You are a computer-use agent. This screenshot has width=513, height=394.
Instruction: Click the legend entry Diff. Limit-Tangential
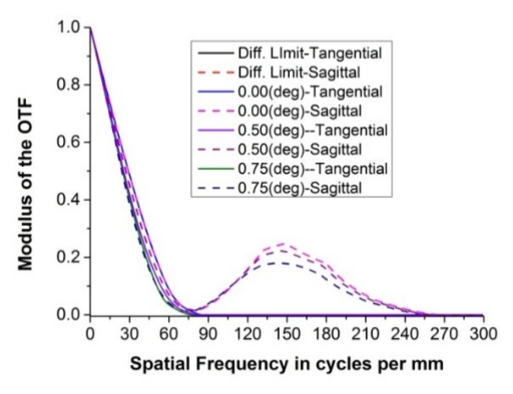[x=310, y=54]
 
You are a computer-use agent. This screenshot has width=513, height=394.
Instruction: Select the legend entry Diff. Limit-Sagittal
[x=299, y=73]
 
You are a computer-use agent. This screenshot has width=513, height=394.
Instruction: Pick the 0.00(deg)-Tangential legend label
[x=310, y=92]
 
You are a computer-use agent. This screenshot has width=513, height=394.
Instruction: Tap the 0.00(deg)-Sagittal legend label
[x=300, y=111]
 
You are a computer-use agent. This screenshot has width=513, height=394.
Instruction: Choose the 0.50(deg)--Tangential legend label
[x=312, y=130]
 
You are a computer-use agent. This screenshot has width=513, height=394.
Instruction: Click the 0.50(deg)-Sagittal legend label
[x=300, y=150]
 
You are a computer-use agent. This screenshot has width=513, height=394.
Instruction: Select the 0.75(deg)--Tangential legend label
[x=312, y=169]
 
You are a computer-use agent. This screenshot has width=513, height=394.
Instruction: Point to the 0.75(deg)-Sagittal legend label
[x=300, y=188]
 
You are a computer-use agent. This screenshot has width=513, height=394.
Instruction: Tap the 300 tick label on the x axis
[x=483, y=334]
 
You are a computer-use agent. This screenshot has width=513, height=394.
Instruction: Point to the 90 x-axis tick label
[x=208, y=334]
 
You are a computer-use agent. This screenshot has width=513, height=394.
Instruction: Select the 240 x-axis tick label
[x=404, y=334]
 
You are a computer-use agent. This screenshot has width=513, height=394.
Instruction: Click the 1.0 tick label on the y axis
[x=69, y=27]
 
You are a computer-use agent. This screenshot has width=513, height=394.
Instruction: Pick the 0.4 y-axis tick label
[x=69, y=200]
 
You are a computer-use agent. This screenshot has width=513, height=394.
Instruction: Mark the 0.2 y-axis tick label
[x=69, y=257]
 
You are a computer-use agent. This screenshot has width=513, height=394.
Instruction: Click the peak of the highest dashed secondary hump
[x=282, y=243]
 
